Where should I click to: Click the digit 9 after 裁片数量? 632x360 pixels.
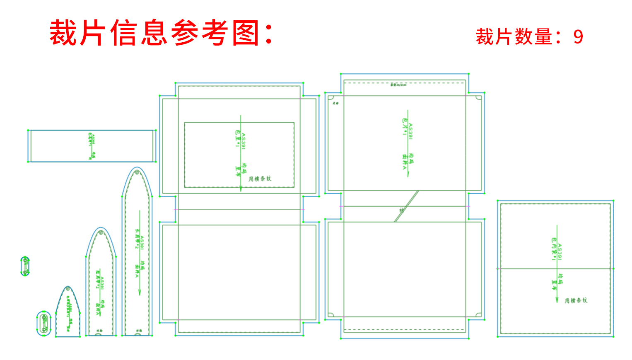578,37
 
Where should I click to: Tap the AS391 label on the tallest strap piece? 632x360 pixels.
142,243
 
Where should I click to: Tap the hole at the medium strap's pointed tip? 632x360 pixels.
100,233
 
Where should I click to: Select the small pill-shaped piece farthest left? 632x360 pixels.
25,266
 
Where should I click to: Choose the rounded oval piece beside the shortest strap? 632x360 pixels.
44,323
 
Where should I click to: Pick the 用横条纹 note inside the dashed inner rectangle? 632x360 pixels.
260,179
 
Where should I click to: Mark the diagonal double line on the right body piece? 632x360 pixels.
406,206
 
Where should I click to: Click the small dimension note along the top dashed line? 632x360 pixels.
398,85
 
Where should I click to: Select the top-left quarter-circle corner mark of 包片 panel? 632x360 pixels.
330,98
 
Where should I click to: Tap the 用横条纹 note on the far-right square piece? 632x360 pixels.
576,300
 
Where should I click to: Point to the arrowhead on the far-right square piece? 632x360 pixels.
557,300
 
